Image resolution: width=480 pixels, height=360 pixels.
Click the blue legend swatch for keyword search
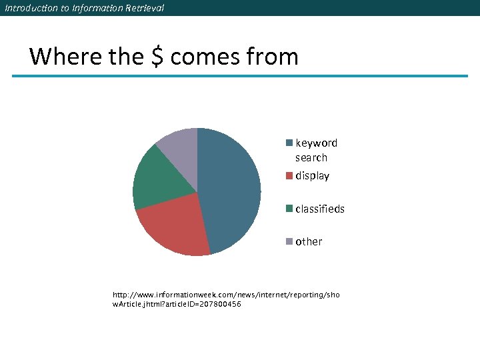(289, 143)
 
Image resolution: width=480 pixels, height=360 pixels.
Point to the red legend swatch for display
(289, 176)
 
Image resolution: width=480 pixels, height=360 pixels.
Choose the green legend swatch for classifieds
(289, 209)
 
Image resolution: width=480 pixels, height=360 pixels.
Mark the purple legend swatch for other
(289, 241)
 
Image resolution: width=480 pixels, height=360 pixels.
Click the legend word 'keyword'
(316, 143)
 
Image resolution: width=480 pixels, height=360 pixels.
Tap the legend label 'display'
(312, 176)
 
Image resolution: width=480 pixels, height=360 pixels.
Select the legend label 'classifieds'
(320, 209)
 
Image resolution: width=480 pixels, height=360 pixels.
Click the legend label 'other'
(309, 241)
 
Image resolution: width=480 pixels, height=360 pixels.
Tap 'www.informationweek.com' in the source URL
(174, 294)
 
